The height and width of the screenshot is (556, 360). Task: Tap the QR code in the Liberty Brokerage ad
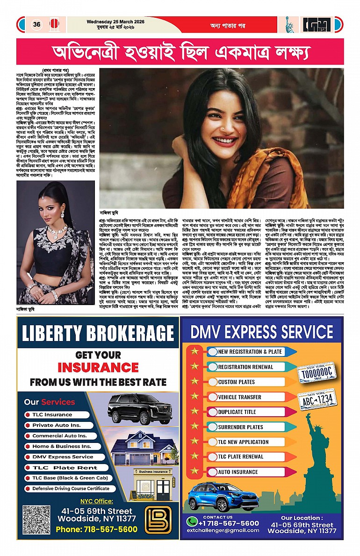click(x=36, y=519)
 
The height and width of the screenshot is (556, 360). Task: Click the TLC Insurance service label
click(x=52, y=414)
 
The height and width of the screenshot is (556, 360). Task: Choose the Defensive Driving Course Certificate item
click(x=71, y=488)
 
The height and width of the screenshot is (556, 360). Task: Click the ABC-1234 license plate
click(x=317, y=399)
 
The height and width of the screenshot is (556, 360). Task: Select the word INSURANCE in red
click(x=98, y=367)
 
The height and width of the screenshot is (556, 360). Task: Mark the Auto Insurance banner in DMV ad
click(x=238, y=472)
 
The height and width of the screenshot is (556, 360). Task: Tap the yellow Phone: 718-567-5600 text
click(x=96, y=529)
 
